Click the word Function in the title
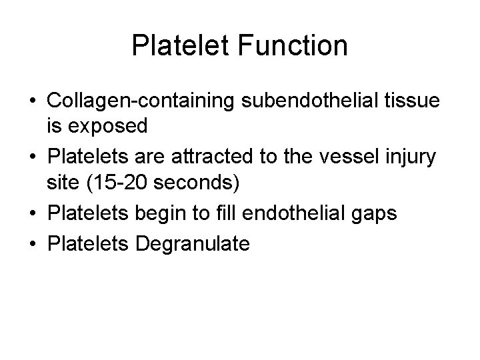tap(291, 46)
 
